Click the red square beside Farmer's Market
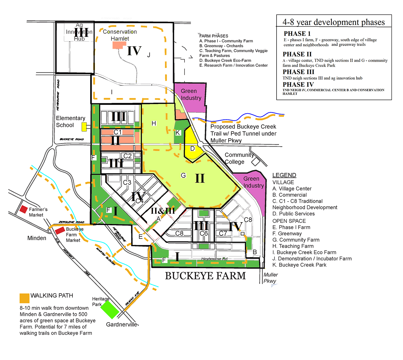point(24,209)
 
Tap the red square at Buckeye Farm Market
point(60,231)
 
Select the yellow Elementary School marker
point(84,127)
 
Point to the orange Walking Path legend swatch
point(24,298)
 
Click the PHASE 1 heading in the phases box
point(297,34)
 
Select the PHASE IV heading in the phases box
point(298,84)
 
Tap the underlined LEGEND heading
point(284,175)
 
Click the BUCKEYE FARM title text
point(205,276)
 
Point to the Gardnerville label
point(122,324)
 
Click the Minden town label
point(37,238)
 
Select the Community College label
point(239,158)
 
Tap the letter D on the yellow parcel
point(192,149)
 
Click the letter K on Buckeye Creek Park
point(178,133)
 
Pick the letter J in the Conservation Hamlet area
point(149,55)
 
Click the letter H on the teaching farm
point(154,124)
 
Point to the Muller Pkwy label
point(270,278)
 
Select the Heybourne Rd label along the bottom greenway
point(214,259)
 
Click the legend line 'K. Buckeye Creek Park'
point(299,265)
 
